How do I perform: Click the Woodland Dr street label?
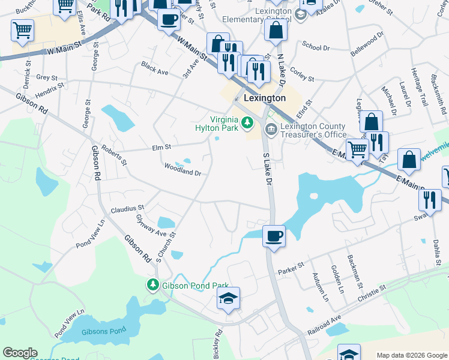tap(182, 169)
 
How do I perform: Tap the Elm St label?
tap(162, 146)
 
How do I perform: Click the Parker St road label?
tap(291, 267)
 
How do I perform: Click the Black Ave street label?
tap(155, 68)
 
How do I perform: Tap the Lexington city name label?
tap(265, 98)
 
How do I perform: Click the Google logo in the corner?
tap(20, 353)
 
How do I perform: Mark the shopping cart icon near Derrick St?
tap(22, 29)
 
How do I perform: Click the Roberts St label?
tap(114, 154)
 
